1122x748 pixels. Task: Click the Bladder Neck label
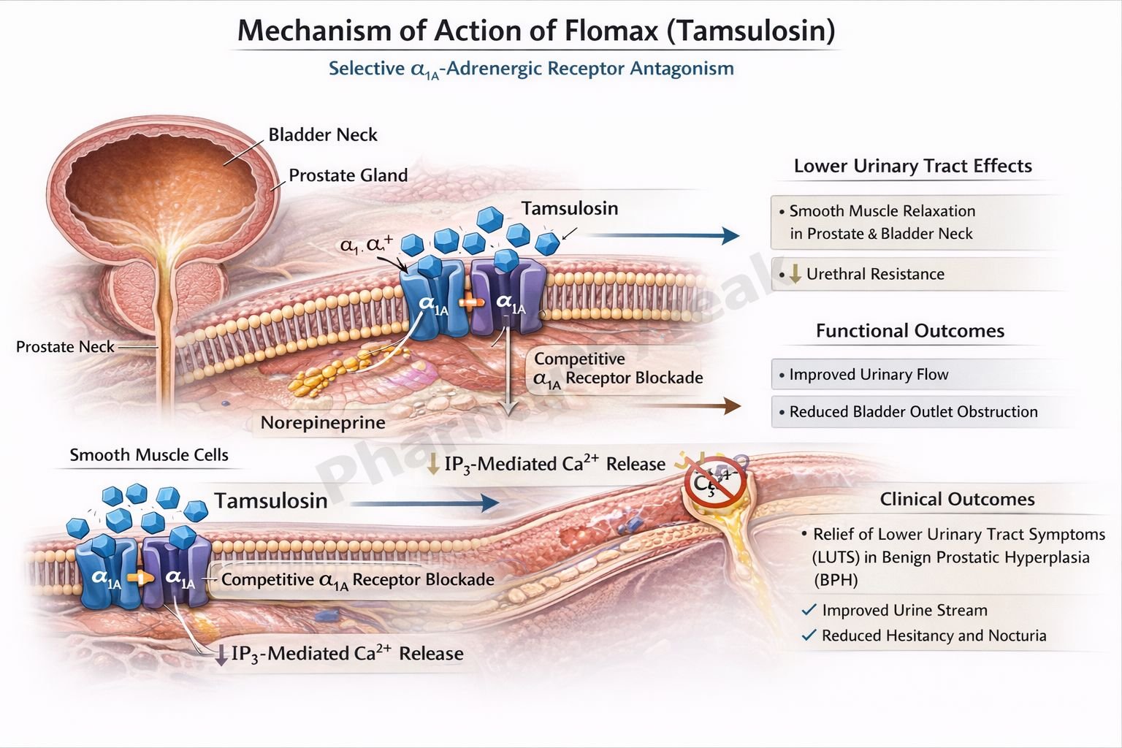pos(322,134)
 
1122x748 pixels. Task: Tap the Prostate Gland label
pos(348,175)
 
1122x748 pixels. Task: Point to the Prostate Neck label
pos(65,347)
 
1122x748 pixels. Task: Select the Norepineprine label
pos(323,423)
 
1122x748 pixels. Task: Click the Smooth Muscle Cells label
pos(149,455)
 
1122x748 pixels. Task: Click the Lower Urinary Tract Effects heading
pos(912,166)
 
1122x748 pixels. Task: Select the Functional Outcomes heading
pos(909,331)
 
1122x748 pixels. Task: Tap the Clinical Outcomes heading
pos(957,499)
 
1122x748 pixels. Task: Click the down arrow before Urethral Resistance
pos(795,274)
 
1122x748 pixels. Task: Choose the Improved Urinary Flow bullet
pos(868,375)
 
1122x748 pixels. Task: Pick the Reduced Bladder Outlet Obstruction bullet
pos(912,412)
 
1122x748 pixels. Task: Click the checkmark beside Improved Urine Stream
pos(809,610)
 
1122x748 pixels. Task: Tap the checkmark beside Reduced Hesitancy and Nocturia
pos(809,636)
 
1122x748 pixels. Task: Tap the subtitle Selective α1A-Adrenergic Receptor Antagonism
pos(531,69)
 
